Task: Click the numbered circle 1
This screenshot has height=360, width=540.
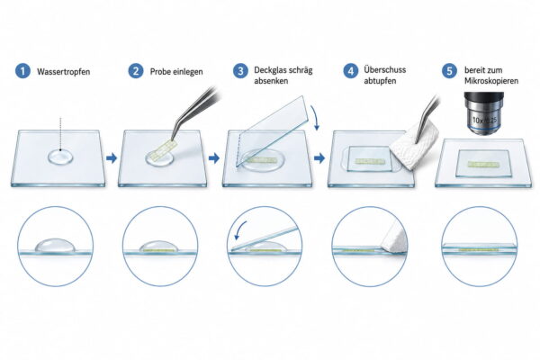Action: coord(22,71)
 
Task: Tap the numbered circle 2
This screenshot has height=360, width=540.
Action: coord(136,71)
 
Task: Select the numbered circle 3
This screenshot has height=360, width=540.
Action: coord(240,71)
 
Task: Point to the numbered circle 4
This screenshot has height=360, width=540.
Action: coord(351,71)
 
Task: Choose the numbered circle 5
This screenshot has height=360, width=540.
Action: coord(449,71)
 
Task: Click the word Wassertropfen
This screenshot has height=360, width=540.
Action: coord(63,72)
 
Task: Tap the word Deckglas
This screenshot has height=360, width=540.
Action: coord(269,70)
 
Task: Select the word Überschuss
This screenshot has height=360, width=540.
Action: coord(384,70)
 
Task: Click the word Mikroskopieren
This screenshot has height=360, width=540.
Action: coord(491,81)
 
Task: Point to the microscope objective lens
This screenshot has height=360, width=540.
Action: coord(484,113)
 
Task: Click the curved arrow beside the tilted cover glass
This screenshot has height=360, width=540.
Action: coord(315,118)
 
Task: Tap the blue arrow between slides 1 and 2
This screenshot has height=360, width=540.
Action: coord(112,158)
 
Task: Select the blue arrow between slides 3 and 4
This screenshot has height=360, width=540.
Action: coord(319,158)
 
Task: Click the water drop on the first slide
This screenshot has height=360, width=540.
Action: coord(60,157)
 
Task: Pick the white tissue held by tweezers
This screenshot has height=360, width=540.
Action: coord(413,151)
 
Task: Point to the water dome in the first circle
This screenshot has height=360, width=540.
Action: coord(54,245)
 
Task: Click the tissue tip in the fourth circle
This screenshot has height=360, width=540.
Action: coord(382,246)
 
